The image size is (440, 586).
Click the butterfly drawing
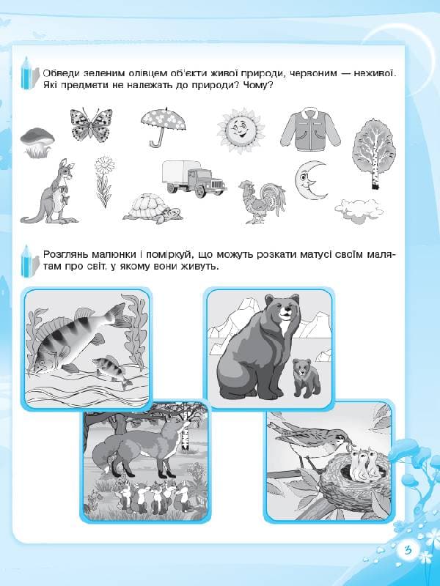[91, 125]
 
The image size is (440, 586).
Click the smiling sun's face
[241, 130]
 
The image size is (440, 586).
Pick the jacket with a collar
[310, 129]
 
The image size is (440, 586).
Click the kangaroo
[51, 191]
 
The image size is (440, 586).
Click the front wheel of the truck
[200, 191]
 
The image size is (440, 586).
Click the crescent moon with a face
[309, 180]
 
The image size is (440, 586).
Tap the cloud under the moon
[359, 210]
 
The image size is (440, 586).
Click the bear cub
[307, 378]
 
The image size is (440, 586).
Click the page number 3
[408, 550]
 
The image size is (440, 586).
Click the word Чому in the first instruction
[258, 85]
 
